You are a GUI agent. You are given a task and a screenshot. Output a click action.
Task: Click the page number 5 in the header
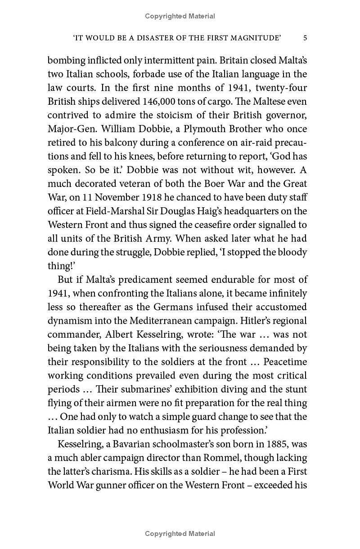(305, 38)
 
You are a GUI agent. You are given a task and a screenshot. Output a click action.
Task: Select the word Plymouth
(213, 129)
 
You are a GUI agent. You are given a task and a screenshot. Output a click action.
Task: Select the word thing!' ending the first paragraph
(61, 266)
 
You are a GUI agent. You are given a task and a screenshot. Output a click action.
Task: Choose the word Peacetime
(285, 362)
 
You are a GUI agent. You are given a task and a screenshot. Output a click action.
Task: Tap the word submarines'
(129, 389)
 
